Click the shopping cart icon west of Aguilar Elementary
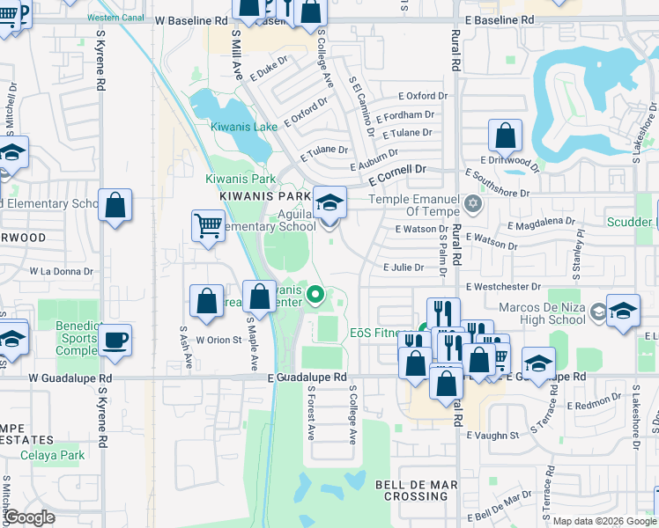tap(208, 226)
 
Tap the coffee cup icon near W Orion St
tap(115, 339)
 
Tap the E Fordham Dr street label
tap(404, 115)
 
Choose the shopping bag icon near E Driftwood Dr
tap(506, 136)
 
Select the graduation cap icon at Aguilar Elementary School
tap(329, 203)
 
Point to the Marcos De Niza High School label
tap(542, 313)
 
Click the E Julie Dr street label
tap(404, 268)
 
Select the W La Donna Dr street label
tap(62, 272)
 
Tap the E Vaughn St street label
tap(493, 435)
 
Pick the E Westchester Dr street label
tap(503, 287)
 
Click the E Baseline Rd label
tap(499, 18)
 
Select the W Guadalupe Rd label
tap(70, 378)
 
